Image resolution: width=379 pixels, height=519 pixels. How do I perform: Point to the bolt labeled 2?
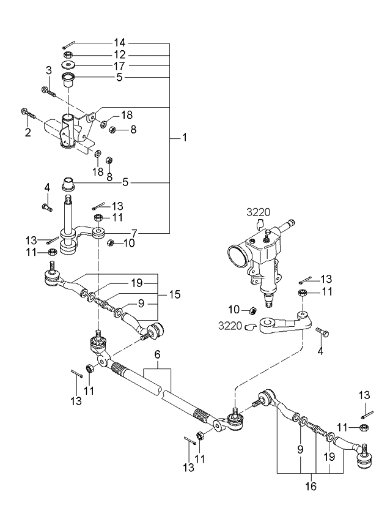coord(29,113)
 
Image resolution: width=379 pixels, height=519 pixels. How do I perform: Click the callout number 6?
coord(157,354)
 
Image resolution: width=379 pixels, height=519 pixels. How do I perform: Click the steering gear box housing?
coord(260,257)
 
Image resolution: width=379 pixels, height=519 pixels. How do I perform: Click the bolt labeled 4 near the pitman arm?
coord(323,332)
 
